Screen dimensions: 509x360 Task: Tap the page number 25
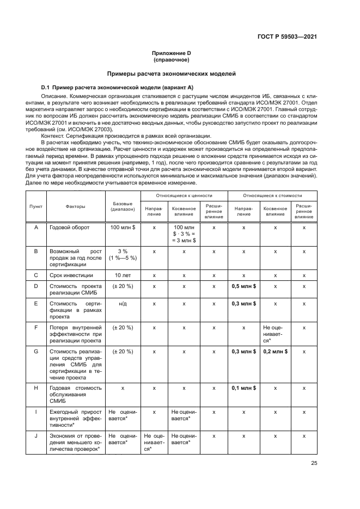(x=314, y=464)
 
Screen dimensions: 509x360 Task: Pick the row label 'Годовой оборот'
(x=70, y=227)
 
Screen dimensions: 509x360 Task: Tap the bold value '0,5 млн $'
(x=243, y=286)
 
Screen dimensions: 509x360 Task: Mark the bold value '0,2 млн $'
(x=275, y=352)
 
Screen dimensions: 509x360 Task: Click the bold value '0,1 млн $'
(x=243, y=388)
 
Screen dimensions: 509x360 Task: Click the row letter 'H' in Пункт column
(x=36, y=388)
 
